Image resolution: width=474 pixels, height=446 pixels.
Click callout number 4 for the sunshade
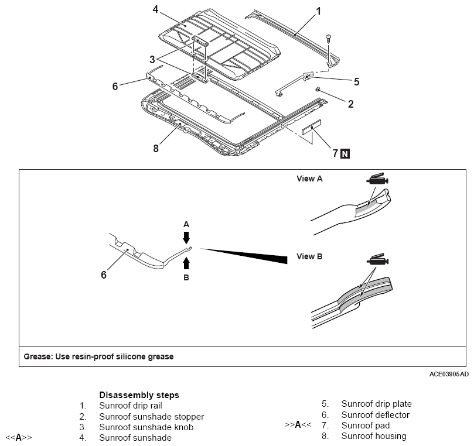tap(155, 10)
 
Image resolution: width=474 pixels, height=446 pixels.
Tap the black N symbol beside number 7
tap(345, 154)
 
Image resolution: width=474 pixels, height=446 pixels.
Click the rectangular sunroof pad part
tap(312, 127)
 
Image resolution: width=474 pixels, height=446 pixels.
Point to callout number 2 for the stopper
tap(350, 104)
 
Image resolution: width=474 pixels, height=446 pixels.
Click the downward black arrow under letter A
tap(186, 238)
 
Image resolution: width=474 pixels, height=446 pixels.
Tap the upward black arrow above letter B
tap(186, 263)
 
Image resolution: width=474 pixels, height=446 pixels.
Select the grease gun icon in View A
tap(377, 179)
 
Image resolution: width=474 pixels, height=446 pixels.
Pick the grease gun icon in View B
tap(377, 259)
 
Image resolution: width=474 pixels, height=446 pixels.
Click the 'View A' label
tap(309, 179)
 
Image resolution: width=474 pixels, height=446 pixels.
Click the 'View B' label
tap(309, 257)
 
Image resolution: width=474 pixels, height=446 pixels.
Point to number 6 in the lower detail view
tap(104, 275)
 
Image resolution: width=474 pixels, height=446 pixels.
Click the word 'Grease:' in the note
tap(38, 356)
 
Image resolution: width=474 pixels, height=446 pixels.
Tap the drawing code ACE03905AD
tap(449, 375)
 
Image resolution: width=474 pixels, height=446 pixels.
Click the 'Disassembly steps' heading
tap(139, 395)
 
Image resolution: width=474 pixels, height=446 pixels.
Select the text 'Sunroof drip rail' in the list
tap(131, 406)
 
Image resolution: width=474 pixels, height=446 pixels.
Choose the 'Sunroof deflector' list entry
tap(376, 415)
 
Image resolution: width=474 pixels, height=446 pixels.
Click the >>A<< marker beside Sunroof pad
tap(298, 425)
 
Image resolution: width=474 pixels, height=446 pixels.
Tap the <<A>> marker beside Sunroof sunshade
tap(18, 438)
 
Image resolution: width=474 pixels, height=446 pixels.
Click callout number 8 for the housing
tap(156, 149)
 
